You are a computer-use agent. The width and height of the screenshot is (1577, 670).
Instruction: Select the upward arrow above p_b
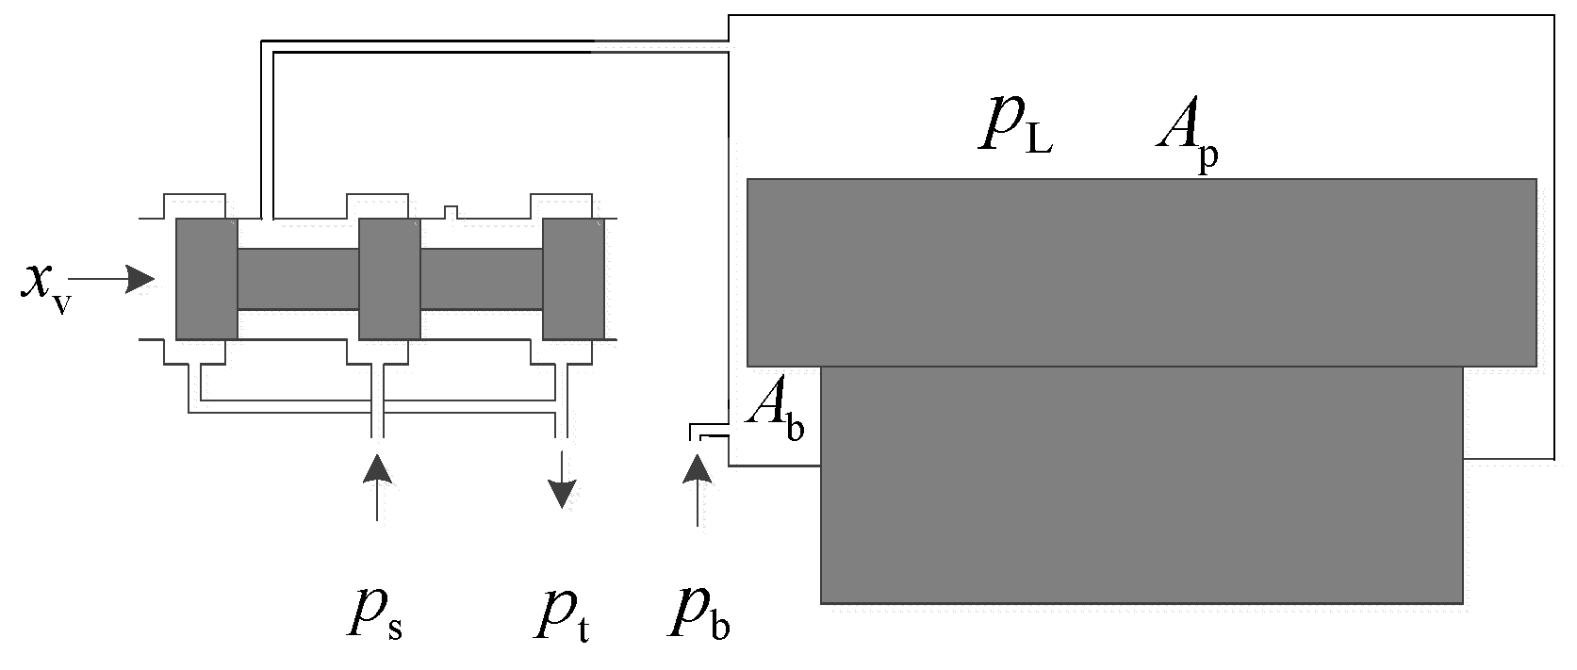coord(698,490)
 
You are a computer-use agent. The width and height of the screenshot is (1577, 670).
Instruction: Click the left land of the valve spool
coord(206,279)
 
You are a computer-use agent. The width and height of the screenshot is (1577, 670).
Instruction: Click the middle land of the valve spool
coord(389,279)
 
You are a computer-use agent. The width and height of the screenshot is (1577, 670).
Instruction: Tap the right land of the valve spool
coord(572,279)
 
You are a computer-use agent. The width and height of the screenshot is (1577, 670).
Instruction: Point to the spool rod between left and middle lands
coord(298,279)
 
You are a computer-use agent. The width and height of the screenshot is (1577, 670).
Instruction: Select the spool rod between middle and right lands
coord(481,279)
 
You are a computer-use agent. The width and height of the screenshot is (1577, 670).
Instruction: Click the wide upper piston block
coord(1142,272)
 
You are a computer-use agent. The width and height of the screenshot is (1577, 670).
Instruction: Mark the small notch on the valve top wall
coord(452,211)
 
